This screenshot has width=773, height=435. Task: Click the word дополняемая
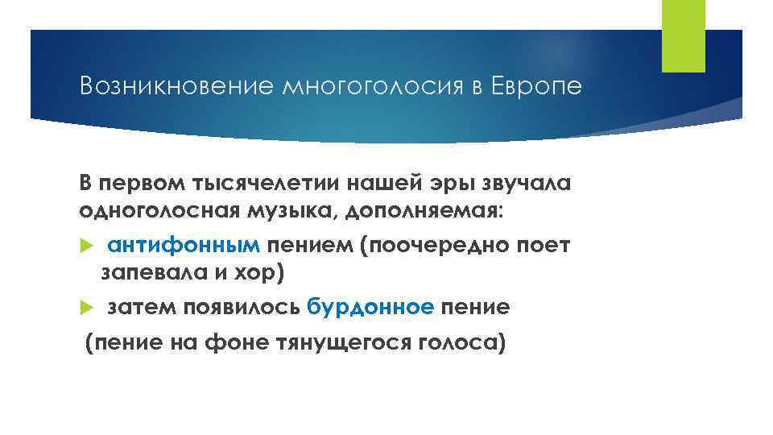click(418, 210)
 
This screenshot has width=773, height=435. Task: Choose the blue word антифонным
click(184, 245)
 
